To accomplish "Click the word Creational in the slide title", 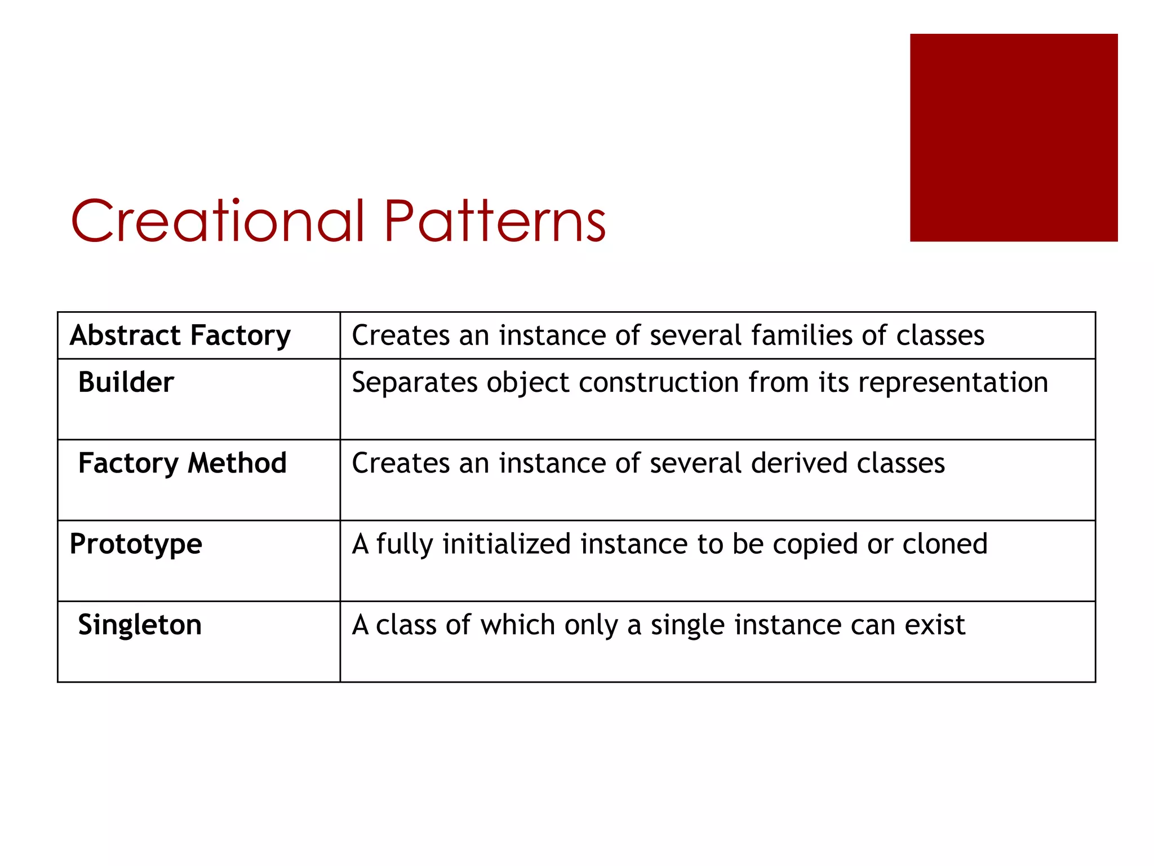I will coord(218,221).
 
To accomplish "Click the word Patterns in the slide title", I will coord(494,221).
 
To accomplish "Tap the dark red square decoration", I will coord(1013,138).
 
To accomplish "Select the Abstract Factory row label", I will coord(180,335).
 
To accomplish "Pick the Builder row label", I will coord(126,382).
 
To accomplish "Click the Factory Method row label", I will coord(182,463).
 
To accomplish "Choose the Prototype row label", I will coord(136,545).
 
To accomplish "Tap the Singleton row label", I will coord(140,625).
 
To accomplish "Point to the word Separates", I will coord(415,383).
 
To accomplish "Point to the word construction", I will coord(659,383).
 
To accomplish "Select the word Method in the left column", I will coord(237,463).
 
